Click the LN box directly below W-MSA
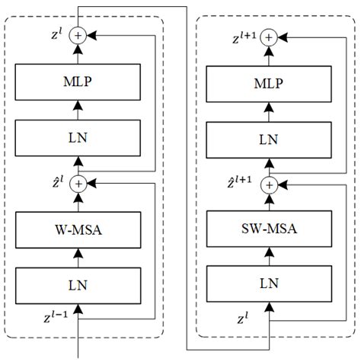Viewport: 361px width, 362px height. [x=78, y=285]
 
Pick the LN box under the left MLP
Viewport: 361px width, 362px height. [x=78, y=138]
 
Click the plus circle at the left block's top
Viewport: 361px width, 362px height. [x=78, y=34]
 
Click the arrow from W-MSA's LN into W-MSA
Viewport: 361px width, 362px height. [x=78, y=255]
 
